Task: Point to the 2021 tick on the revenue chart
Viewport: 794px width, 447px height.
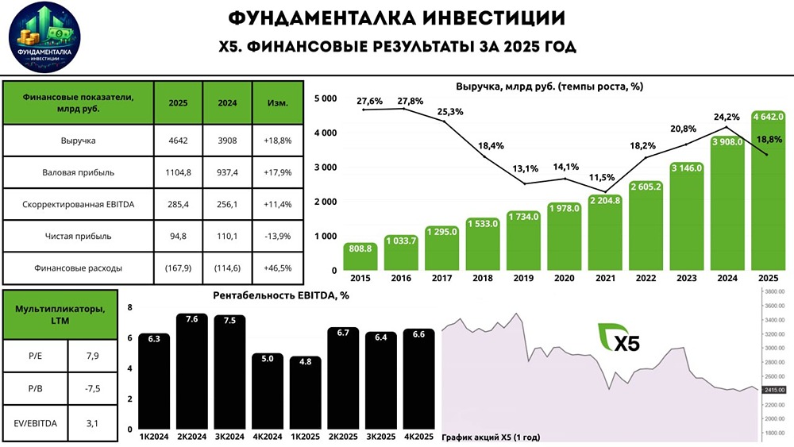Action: [x=605, y=279]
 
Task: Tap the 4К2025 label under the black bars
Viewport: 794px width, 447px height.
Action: [x=418, y=437]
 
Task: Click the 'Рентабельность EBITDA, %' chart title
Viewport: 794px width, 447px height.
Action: [x=282, y=295]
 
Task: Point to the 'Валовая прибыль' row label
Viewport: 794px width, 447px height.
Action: [x=78, y=171]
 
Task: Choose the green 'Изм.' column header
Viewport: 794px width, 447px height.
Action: [x=277, y=102]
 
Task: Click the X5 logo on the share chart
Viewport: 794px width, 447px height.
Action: [x=616, y=338]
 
